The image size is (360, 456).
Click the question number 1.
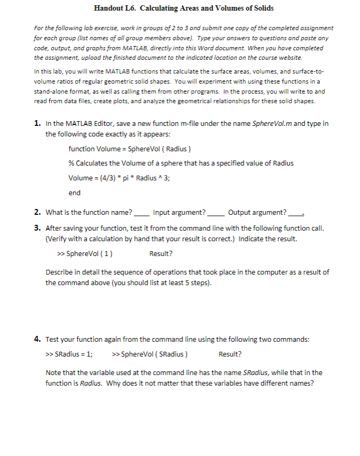pyautogui.click(x=38, y=124)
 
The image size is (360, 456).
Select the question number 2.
pyautogui.click(x=38, y=213)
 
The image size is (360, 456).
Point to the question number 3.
pyautogui.click(x=38, y=229)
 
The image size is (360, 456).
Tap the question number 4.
pyautogui.click(x=38, y=339)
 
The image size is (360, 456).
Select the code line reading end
pyautogui.click(x=75, y=193)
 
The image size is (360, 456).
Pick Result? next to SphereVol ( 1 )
pyautogui.click(x=161, y=253)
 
